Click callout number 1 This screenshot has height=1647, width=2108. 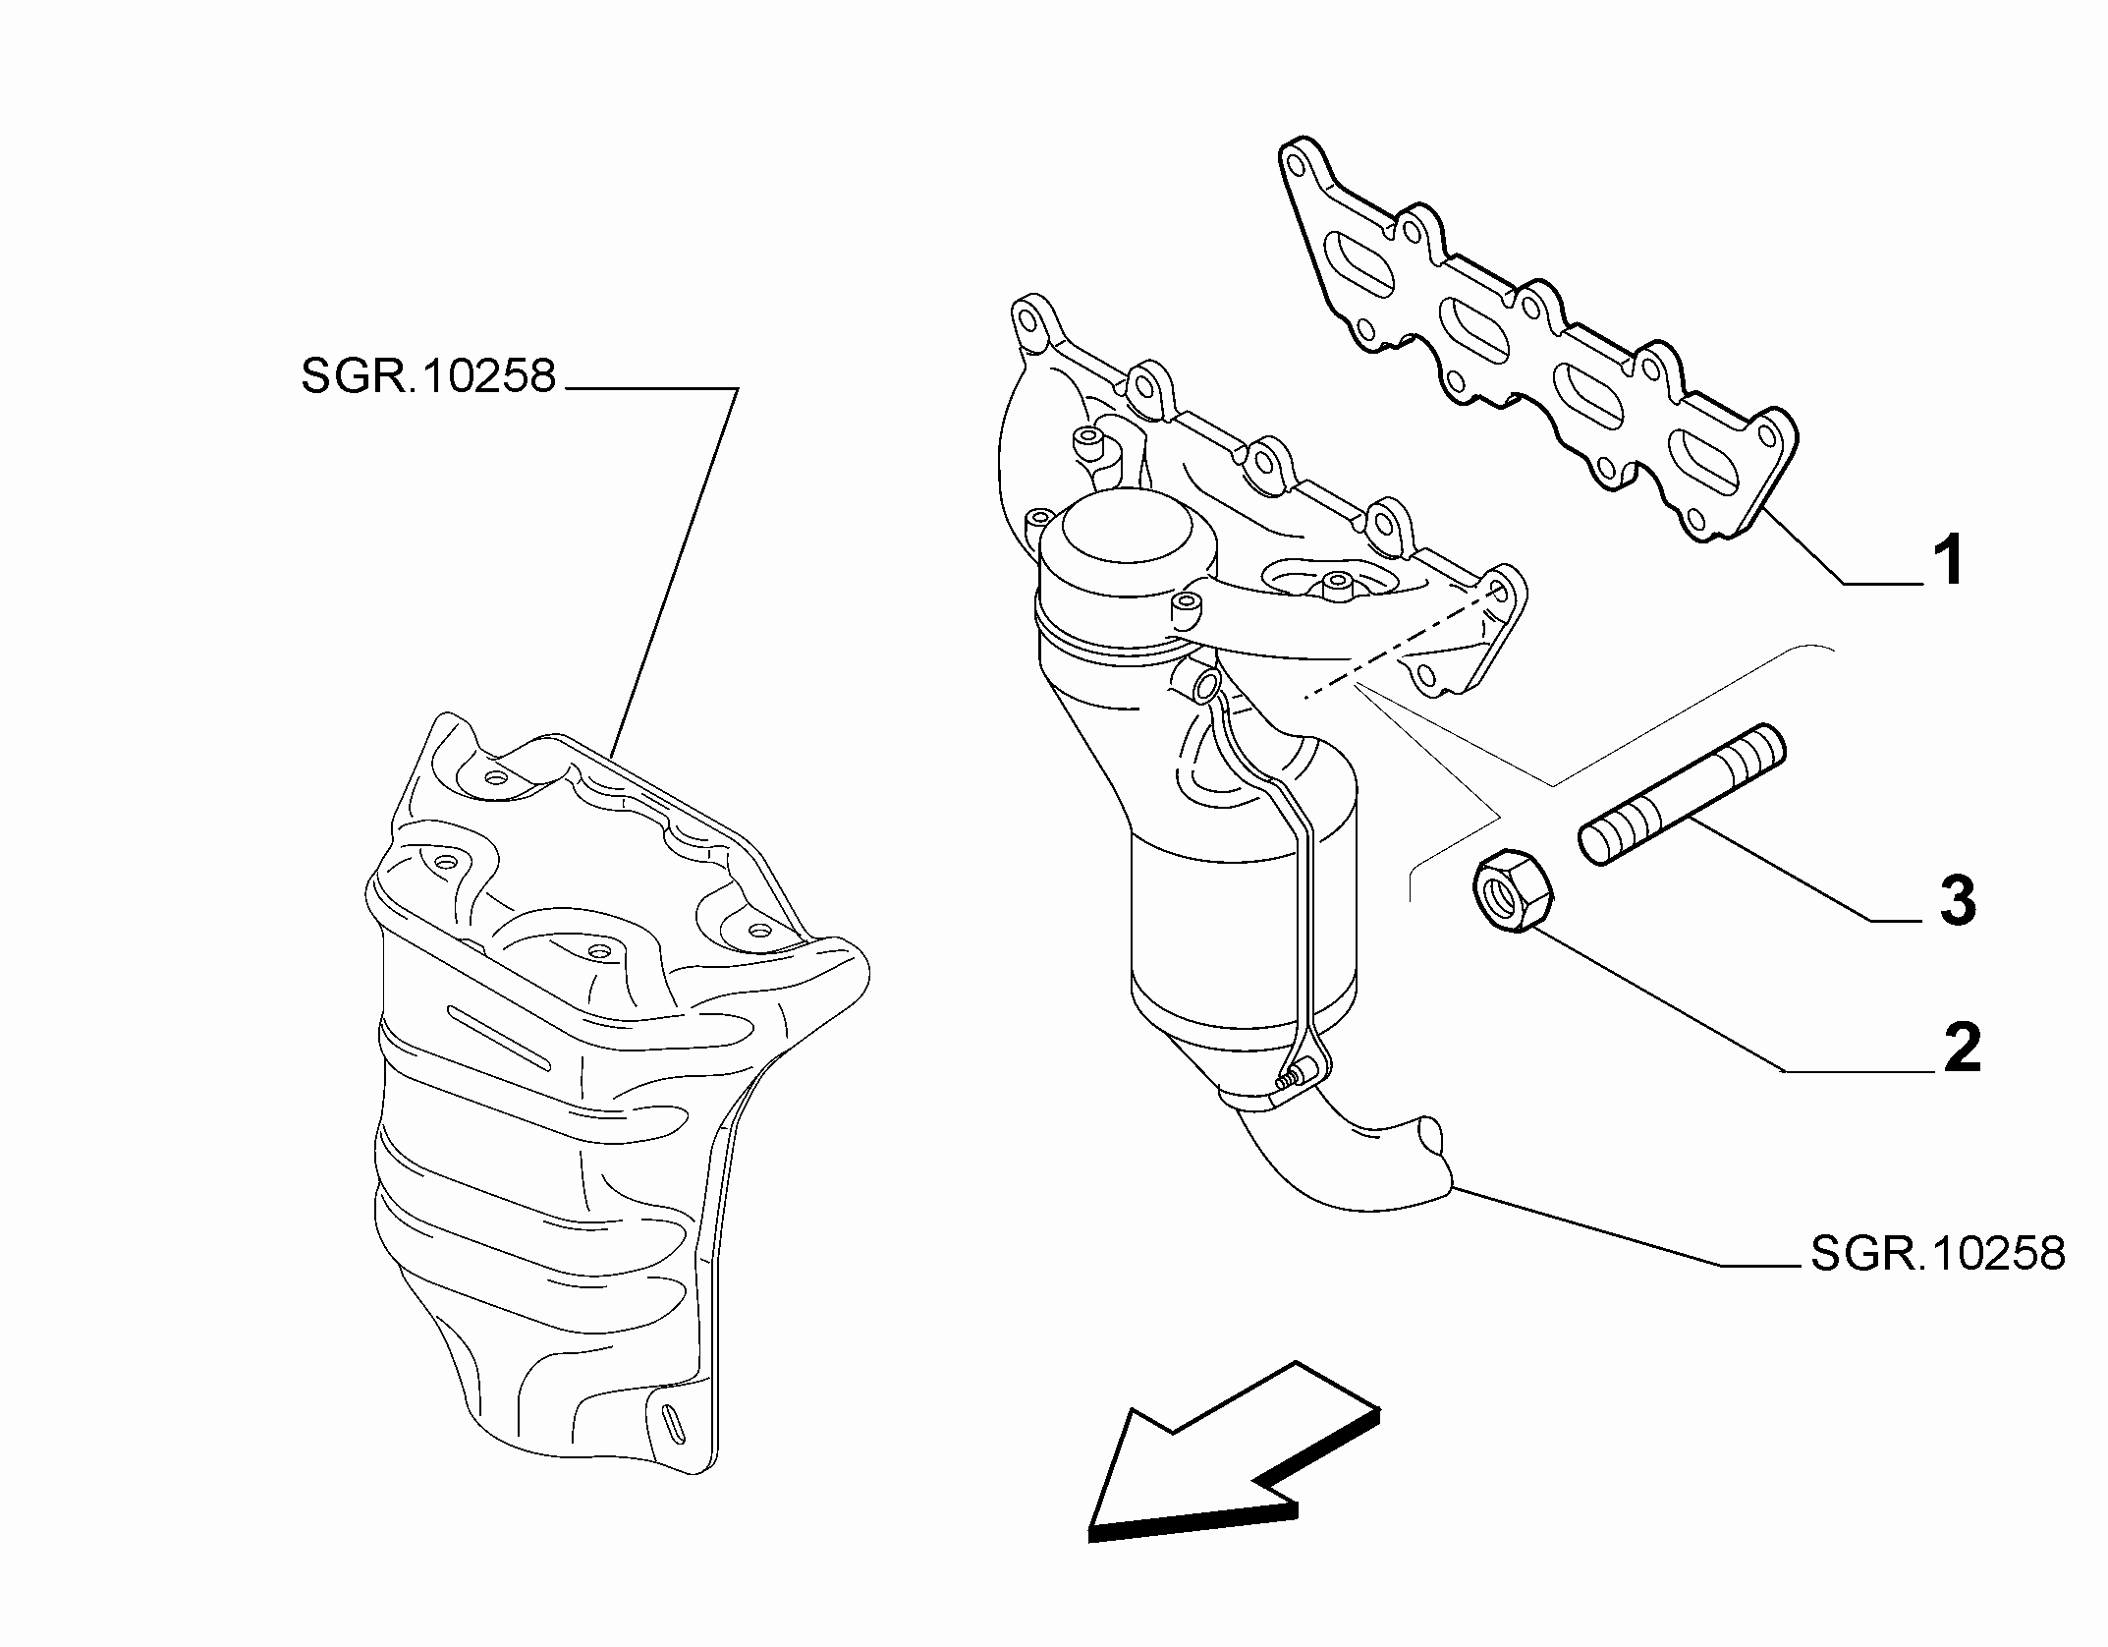[x=1949, y=560]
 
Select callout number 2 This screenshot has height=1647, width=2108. [x=1963, y=1047]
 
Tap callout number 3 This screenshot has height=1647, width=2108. [x=1958, y=899]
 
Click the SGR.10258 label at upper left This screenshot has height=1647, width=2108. [x=428, y=376]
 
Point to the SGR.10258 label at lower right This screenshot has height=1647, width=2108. [x=1938, y=1254]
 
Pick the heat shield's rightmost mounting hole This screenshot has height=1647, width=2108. [x=757, y=929]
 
